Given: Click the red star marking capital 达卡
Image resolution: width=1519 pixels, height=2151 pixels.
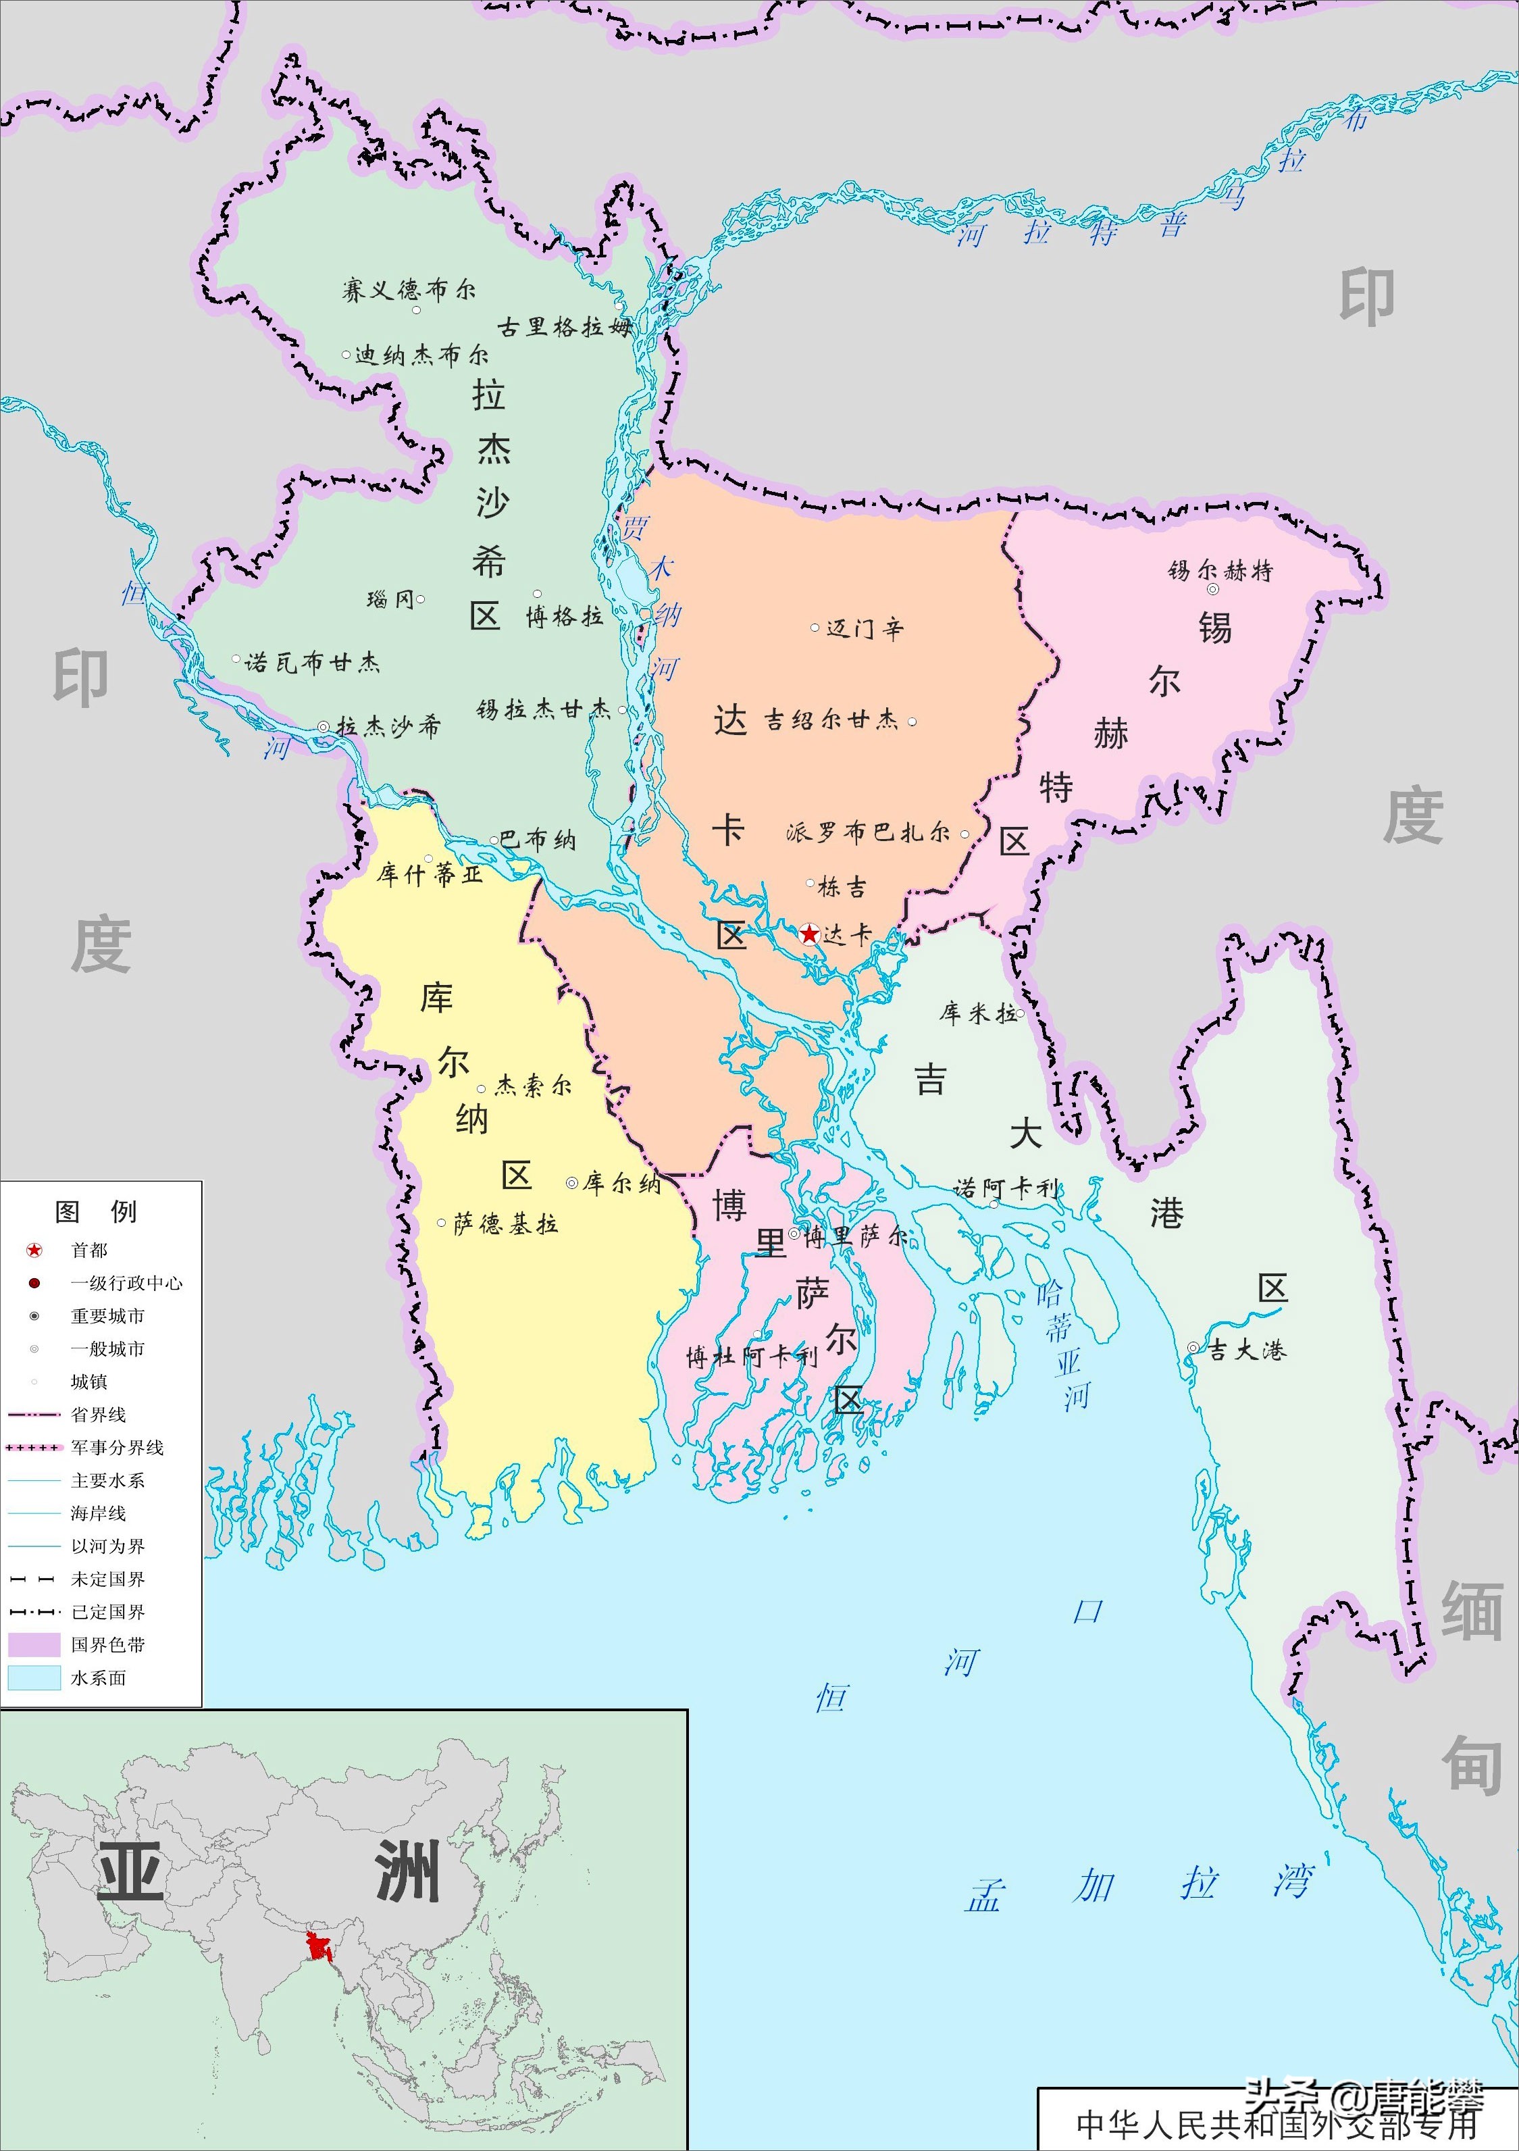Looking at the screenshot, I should tap(810, 934).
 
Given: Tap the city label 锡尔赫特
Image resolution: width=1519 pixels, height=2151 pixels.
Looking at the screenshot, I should tap(1220, 571).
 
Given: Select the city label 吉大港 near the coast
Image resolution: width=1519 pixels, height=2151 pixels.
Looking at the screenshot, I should tap(1245, 1350).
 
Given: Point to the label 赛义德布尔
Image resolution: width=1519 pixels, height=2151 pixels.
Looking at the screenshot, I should tap(409, 290).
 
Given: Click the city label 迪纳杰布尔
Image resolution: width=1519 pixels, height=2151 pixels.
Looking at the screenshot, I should tap(421, 355).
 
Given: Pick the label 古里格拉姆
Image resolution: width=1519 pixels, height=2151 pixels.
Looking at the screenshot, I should tap(565, 327).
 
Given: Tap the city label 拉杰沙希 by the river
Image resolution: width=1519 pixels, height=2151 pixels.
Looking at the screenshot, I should tap(388, 726).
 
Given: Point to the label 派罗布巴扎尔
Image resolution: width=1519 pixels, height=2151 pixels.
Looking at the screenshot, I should tap(868, 832).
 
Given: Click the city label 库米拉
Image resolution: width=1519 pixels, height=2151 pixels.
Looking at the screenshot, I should tap(979, 1013).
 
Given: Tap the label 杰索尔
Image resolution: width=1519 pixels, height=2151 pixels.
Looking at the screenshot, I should tap(533, 1086).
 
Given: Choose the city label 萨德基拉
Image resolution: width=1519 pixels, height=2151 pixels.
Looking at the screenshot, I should tap(506, 1223).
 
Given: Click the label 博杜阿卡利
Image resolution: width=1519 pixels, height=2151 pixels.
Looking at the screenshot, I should tap(751, 1357).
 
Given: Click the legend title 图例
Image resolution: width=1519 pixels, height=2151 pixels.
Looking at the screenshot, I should tap(97, 1211).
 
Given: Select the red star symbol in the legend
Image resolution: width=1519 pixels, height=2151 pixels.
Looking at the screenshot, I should tap(34, 1250).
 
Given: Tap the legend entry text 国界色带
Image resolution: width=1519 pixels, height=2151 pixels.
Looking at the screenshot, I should tap(107, 1644).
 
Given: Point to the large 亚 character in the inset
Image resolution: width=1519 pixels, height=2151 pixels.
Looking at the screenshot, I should tap(131, 1871).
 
